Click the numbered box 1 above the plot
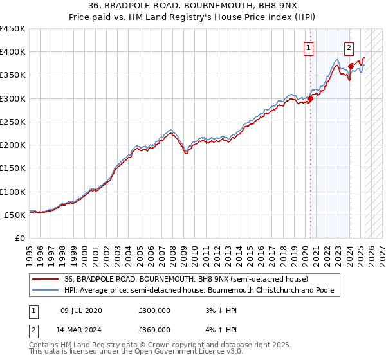point(308,47)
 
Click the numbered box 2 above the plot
point(349,47)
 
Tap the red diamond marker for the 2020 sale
point(310,98)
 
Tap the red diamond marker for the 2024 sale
point(351,66)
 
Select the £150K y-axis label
point(13,168)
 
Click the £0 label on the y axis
point(20,239)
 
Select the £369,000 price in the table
point(154,332)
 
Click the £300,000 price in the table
point(154,310)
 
